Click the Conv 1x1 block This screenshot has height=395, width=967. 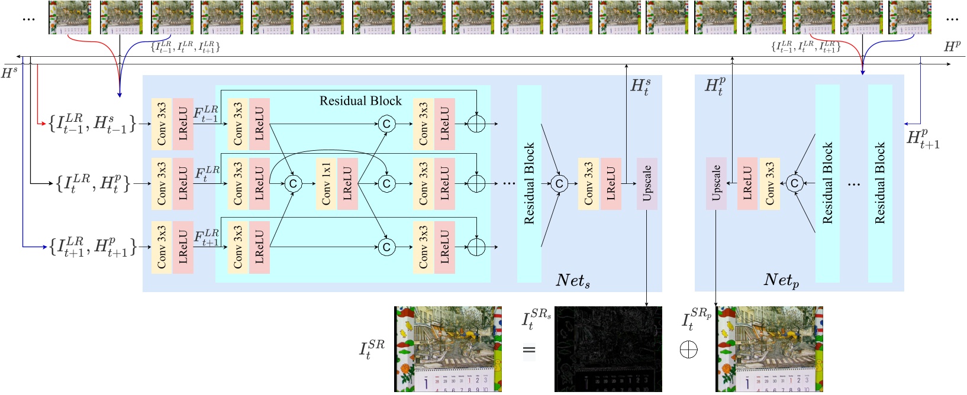(326, 184)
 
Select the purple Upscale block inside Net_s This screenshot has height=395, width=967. (647, 184)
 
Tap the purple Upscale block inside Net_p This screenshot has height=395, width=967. (716, 184)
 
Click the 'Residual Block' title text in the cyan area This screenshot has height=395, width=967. (360, 101)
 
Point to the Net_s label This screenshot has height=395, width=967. (572, 280)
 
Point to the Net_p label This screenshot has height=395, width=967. (781, 280)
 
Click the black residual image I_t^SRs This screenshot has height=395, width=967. (608, 349)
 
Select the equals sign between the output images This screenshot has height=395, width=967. (529, 351)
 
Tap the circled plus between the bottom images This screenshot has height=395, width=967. (688, 349)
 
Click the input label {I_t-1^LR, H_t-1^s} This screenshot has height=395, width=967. (92, 123)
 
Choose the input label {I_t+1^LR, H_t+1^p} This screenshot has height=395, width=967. (92, 247)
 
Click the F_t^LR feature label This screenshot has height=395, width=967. (207, 173)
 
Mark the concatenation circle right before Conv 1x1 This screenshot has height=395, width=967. (292, 184)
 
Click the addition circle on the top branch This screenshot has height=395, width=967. (476, 124)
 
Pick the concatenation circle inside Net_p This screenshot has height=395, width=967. (795, 184)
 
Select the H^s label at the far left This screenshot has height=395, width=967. (9, 73)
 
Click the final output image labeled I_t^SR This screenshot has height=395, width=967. (447, 349)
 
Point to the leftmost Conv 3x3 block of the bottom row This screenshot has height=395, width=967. (162, 247)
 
